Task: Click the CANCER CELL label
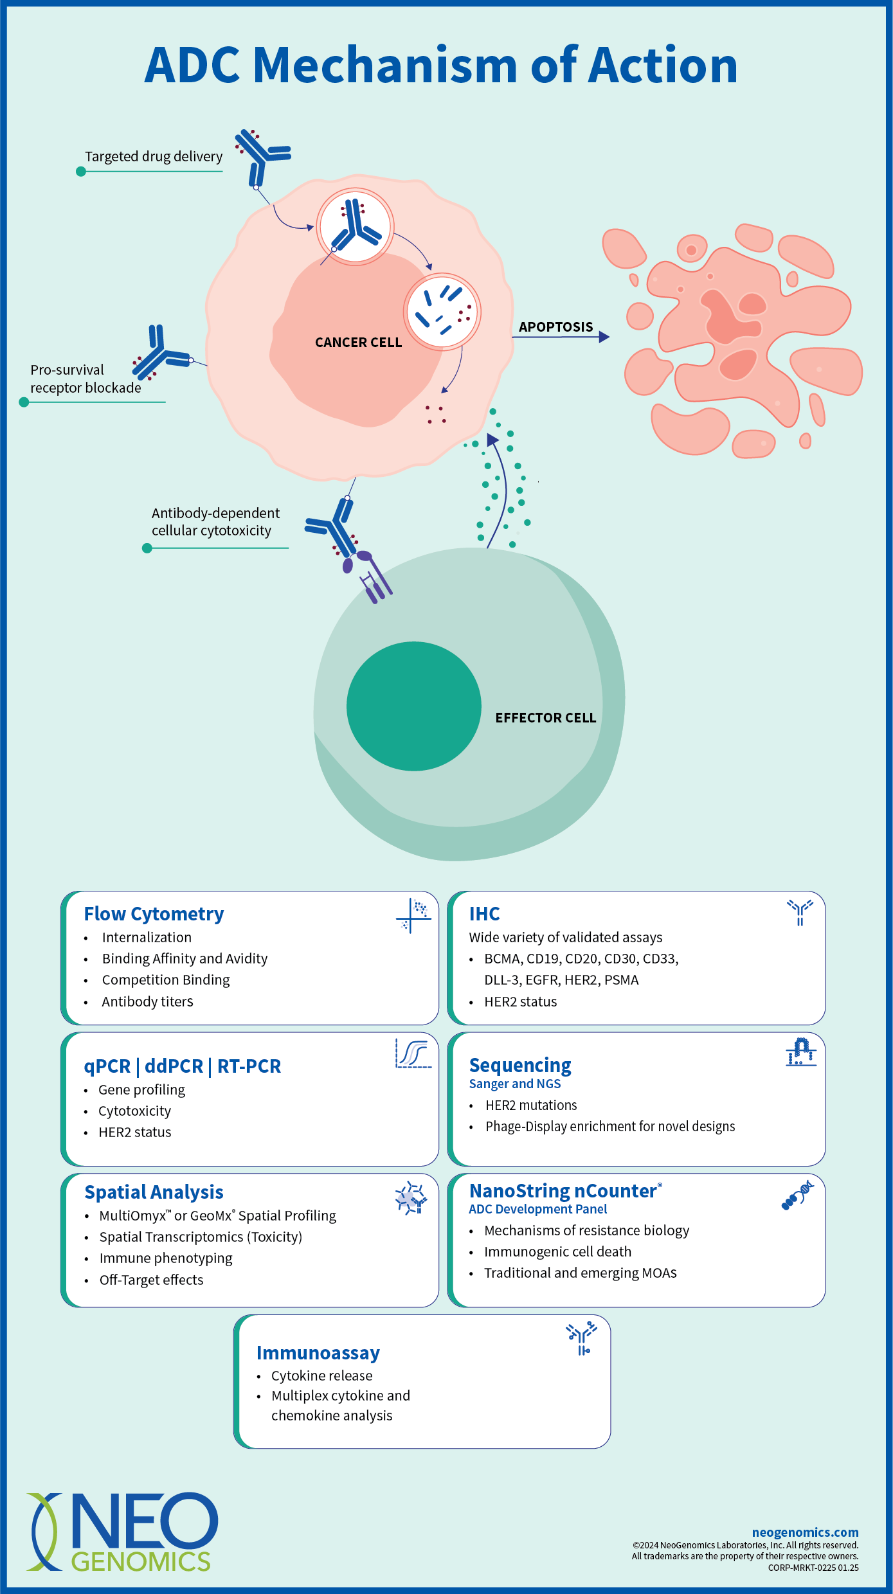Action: [358, 343]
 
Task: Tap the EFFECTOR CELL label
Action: [545, 718]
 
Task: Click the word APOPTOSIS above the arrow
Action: [555, 327]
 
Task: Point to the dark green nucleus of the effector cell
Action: [413, 706]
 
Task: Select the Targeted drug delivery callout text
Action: [154, 157]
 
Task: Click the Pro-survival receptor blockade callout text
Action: [85, 379]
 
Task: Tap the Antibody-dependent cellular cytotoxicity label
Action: [215, 522]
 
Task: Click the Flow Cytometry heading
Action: [154, 914]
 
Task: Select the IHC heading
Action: [484, 914]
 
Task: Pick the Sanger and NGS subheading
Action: [514, 1084]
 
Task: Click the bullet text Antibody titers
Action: [147, 1002]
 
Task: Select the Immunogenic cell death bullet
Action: [557, 1252]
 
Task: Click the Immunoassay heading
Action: [318, 1353]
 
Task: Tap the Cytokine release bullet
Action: [321, 1376]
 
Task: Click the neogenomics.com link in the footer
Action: [805, 1533]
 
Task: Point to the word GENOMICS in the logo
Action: [141, 1562]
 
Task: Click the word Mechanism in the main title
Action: [385, 66]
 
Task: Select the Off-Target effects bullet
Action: [151, 1280]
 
